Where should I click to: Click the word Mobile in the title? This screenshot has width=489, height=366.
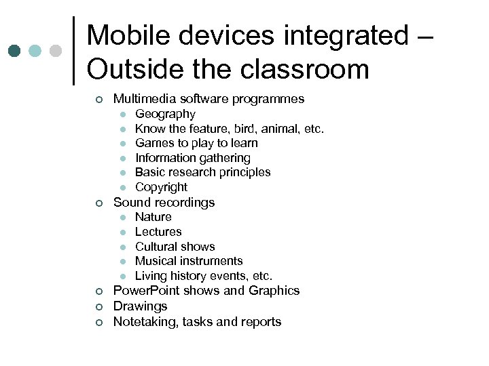coord(130,35)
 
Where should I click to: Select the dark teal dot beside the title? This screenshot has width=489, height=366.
coord(14,51)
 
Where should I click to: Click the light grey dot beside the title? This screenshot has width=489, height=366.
coord(56,51)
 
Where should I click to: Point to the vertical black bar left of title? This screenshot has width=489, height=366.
coord(73,51)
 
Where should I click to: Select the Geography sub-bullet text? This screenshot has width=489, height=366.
coord(165,114)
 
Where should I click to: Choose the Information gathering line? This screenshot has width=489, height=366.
coord(193,158)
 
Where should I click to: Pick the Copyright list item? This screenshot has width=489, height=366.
coord(161,187)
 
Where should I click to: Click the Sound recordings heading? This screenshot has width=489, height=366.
coord(164,202)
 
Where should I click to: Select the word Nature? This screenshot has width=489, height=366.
coord(153,217)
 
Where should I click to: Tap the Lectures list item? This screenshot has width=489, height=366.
coord(158,232)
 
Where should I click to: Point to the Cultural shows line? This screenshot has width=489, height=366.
coord(175,247)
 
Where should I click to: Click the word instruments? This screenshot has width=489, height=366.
coord(210,261)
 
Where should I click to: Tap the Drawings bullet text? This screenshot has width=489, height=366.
coord(140,306)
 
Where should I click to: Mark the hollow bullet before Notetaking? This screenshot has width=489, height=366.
coord(98,323)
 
